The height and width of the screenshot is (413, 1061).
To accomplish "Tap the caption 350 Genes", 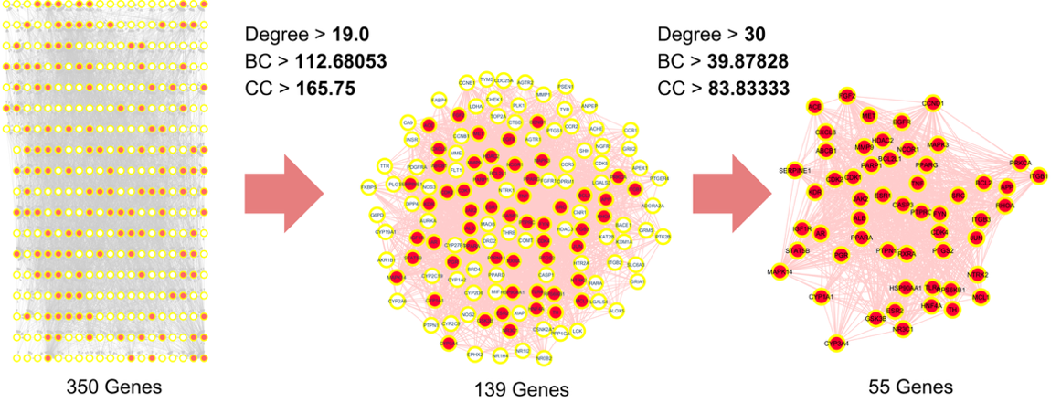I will [x=114, y=387].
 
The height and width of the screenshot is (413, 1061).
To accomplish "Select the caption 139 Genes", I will [x=522, y=390].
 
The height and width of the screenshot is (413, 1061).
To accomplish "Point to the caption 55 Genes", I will [x=910, y=387].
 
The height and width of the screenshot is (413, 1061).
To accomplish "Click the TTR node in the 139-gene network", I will [x=384, y=166].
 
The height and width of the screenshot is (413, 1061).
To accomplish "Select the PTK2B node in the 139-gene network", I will [x=663, y=237].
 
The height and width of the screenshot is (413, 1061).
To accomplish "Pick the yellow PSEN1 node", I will [x=566, y=86].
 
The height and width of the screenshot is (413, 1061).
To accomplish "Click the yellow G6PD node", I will [x=377, y=215].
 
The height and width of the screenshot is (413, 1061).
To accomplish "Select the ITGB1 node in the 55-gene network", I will [x=1038, y=176].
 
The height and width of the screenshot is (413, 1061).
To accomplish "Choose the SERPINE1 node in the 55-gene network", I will [x=790, y=172].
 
